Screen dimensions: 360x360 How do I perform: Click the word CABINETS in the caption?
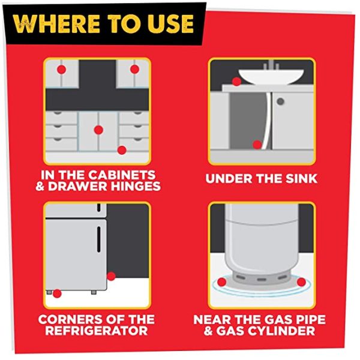coord(122,175)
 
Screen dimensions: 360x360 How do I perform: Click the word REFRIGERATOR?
coord(97,331)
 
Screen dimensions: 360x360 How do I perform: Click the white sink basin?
coord(271,77)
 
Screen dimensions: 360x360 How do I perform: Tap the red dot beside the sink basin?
coord(236,82)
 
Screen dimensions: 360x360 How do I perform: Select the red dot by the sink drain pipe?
coord(257,145)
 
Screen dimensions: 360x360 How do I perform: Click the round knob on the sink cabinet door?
coord(281,101)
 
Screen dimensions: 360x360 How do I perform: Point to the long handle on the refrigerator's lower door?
coord(99,239)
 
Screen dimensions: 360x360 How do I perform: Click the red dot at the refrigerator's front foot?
coord(57,293)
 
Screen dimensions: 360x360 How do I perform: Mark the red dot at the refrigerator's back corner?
coord(111,276)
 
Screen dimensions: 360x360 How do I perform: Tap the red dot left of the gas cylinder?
coord(222,282)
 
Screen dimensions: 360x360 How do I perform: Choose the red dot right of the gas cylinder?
coord(301,282)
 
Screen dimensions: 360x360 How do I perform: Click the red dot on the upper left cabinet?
coord(61,70)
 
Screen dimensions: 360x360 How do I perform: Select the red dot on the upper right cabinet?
coord(134,69)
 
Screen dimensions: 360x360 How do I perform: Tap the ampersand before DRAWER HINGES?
coord(40,186)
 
